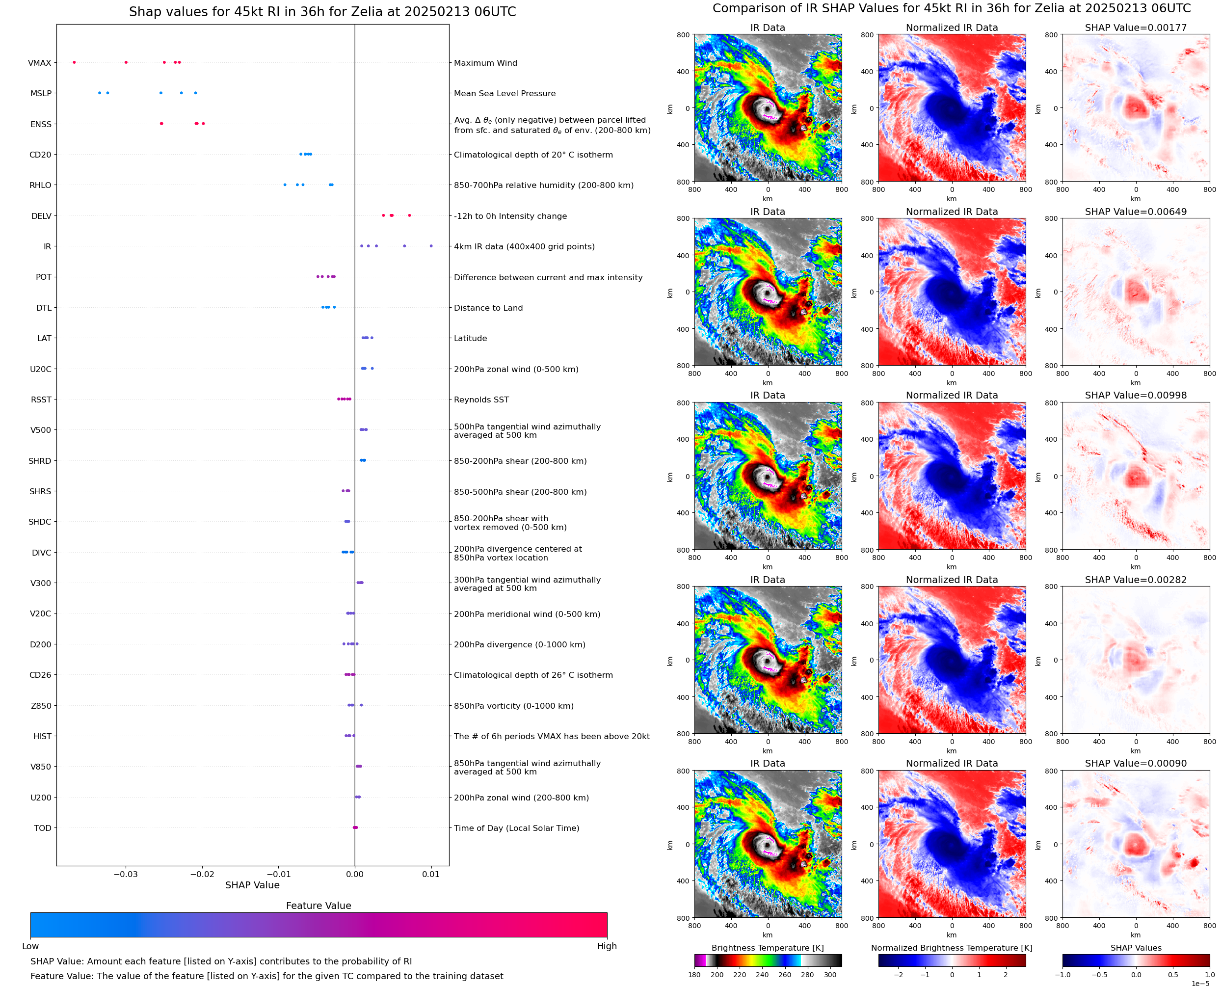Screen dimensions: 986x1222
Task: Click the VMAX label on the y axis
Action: pyautogui.click(x=39, y=63)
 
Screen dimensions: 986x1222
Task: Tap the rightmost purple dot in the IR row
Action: pyautogui.click(x=431, y=246)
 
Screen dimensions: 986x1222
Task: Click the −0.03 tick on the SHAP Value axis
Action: pyautogui.click(x=126, y=874)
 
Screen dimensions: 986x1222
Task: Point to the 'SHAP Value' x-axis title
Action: pyautogui.click(x=252, y=885)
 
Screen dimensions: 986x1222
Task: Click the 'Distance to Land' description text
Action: pyautogui.click(x=488, y=308)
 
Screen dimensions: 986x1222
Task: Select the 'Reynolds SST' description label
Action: pyautogui.click(x=481, y=400)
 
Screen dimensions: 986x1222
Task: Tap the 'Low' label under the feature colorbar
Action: pyautogui.click(x=30, y=946)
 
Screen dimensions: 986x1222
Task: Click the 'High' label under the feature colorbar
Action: pyautogui.click(x=607, y=946)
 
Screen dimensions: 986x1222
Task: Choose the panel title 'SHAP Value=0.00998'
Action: pyautogui.click(x=1135, y=395)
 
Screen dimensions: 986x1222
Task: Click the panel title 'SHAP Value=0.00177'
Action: pyautogui.click(x=1135, y=28)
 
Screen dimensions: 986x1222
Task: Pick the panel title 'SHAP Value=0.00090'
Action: pyautogui.click(x=1135, y=763)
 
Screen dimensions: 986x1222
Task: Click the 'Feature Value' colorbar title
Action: pyautogui.click(x=318, y=906)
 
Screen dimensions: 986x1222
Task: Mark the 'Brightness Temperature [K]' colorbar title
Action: pyautogui.click(x=767, y=948)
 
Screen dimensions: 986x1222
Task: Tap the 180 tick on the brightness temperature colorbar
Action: pyautogui.click(x=694, y=975)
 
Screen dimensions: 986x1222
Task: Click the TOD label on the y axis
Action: pyautogui.click(x=42, y=828)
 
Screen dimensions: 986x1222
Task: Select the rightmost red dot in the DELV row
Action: pyautogui.click(x=409, y=215)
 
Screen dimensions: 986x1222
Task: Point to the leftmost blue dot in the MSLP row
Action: pyautogui.click(x=99, y=93)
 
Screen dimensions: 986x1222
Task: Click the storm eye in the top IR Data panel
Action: pyautogui.click(x=767, y=108)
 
